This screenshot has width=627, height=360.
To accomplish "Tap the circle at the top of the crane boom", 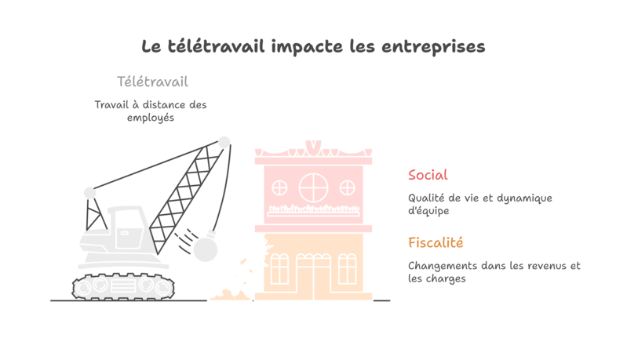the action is [x=224, y=142].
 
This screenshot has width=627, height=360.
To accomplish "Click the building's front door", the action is [x=312, y=275].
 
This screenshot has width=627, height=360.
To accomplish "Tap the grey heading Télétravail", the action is [x=152, y=82].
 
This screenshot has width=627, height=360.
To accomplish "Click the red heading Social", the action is [x=428, y=175].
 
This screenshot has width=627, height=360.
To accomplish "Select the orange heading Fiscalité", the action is [x=436, y=242].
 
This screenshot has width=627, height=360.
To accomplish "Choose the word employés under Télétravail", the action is [x=150, y=118].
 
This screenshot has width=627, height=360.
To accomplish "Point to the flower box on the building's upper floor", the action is [x=313, y=209].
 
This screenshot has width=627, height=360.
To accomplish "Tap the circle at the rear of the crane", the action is [x=90, y=193].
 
